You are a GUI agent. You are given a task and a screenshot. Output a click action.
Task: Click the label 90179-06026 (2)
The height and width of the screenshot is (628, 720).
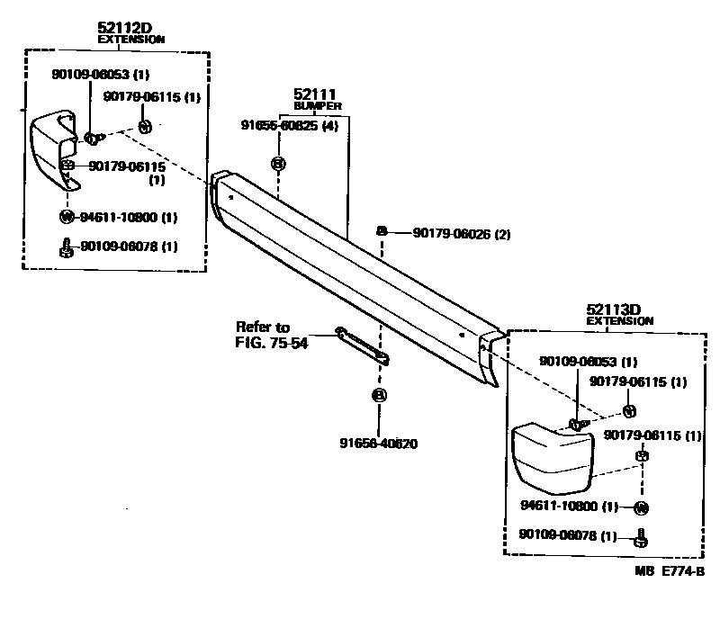(x=462, y=234)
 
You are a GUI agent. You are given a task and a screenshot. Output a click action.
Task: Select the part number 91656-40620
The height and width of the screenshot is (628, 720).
(x=378, y=443)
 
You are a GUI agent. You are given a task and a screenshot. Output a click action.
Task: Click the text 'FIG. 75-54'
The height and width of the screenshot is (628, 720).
(x=272, y=343)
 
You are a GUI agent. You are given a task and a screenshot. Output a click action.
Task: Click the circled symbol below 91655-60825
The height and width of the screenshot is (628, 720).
(x=278, y=164)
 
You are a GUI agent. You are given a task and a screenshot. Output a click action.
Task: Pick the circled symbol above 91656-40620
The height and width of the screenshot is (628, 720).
(x=379, y=395)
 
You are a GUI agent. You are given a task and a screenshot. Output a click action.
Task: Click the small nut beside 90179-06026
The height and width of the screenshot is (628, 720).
(x=382, y=232)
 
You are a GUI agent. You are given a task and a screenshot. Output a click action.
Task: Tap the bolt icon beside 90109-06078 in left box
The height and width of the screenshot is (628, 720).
(x=66, y=246)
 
